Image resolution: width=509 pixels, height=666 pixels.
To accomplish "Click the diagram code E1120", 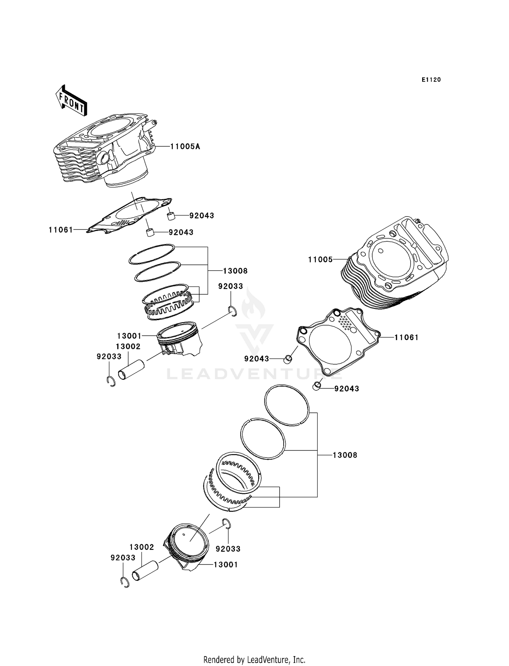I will point(431,80).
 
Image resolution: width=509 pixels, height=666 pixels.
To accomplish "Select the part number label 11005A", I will point(185,147).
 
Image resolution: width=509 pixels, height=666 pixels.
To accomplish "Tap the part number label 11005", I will point(320,260).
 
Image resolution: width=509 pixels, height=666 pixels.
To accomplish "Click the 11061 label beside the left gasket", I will point(61,230).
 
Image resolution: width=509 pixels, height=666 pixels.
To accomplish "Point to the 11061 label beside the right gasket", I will point(406,337).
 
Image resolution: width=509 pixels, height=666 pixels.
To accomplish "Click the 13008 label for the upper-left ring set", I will point(235,271).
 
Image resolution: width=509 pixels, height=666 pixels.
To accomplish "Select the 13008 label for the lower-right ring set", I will point(345,455).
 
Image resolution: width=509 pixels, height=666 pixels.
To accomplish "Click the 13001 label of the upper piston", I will point(129,336).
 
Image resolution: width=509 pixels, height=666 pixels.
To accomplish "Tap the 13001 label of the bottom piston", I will point(226,565).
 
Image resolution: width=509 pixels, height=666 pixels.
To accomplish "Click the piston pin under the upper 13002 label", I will point(131,370).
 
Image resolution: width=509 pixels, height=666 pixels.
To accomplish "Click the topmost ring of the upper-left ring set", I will point(152,254).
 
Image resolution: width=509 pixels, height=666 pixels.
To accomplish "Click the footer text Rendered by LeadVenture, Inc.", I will point(254,660).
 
